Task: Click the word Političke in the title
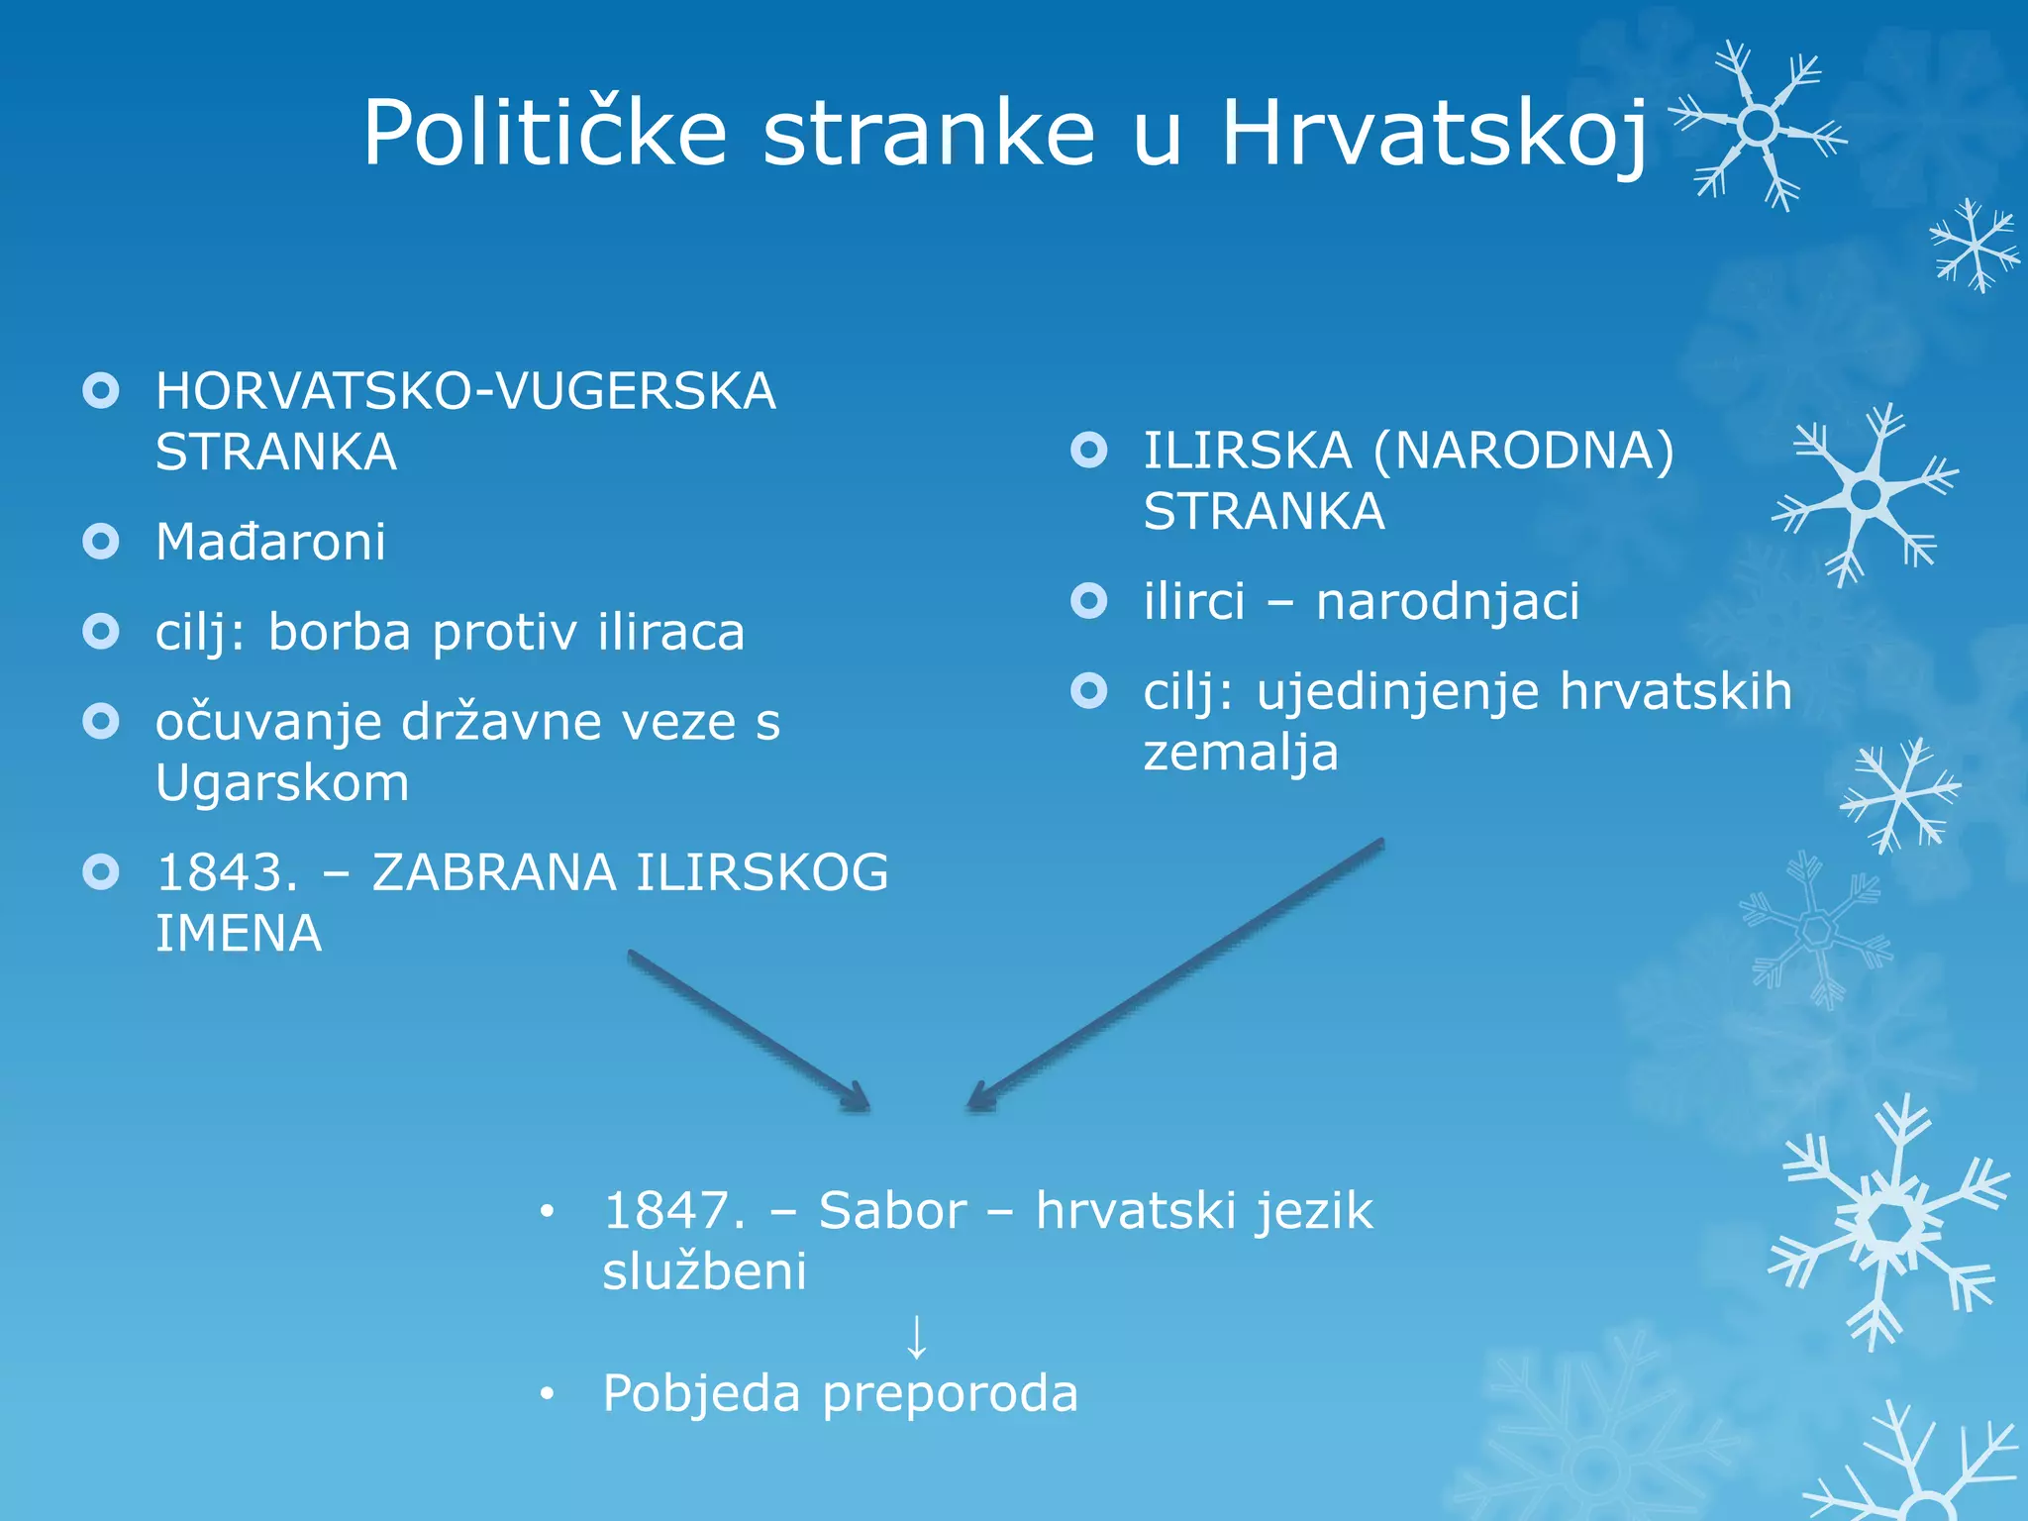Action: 545,134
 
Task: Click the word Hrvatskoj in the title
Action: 1434,134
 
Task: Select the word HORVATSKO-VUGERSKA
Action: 465,391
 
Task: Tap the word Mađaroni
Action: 270,542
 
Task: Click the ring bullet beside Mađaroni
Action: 101,541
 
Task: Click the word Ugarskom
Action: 282,783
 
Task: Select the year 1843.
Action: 227,872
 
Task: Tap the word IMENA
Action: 239,934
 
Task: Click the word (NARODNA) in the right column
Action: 1523,451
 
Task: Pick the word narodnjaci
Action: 1447,601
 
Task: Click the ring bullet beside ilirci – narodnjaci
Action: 1089,600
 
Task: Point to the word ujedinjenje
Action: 1398,691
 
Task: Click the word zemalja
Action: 1240,753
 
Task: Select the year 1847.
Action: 673,1210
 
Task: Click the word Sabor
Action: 892,1210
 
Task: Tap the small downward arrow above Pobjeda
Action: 917,1337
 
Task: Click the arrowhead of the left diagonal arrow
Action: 858,1100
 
